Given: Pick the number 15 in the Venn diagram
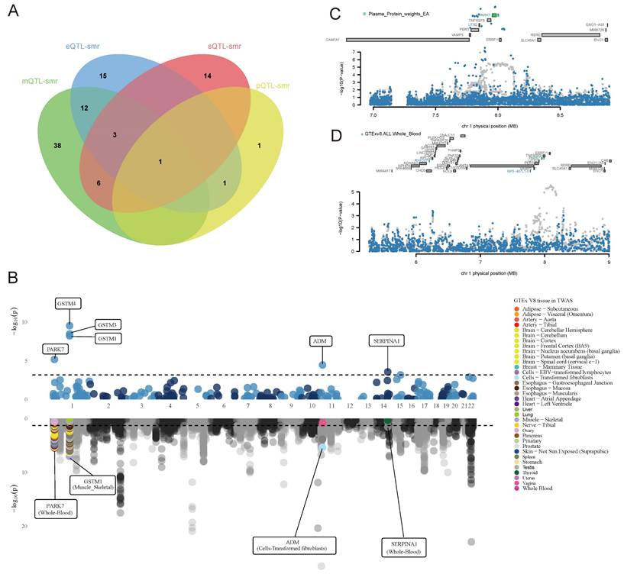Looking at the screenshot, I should [102, 76].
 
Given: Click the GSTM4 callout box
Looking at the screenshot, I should [67, 303].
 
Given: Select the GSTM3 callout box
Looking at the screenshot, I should [108, 324].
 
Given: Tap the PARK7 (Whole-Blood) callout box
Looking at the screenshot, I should [53, 508].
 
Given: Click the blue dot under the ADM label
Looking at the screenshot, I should [322, 364].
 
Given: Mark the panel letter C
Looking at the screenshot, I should [334, 14].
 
